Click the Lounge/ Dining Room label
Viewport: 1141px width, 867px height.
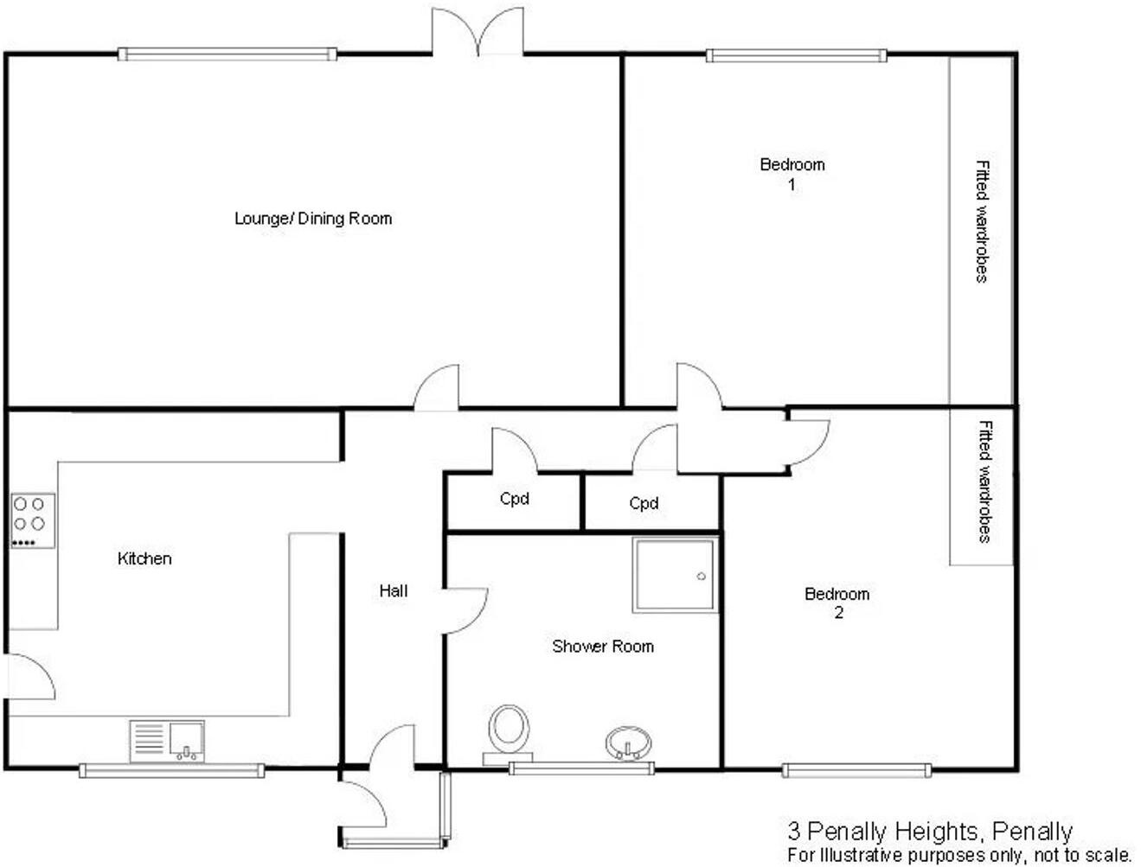click(x=313, y=219)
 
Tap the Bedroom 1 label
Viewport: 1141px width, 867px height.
click(x=792, y=174)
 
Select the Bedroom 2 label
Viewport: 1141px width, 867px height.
click(x=837, y=603)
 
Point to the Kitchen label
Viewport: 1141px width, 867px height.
click(x=144, y=559)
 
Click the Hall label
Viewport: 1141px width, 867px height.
click(x=394, y=591)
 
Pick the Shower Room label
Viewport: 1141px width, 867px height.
click(x=603, y=647)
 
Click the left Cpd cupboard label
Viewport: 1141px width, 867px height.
click(x=514, y=500)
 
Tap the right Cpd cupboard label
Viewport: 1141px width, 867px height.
click(x=644, y=504)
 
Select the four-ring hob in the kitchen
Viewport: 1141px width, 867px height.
click(x=33, y=520)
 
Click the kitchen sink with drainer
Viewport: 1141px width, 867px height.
click(x=168, y=741)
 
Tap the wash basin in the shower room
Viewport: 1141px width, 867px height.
click(x=628, y=743)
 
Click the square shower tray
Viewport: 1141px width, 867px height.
click(x=675, y=575)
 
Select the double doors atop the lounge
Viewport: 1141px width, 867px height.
click(x=478, y=33)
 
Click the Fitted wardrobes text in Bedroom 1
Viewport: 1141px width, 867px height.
click(x=981, y=221)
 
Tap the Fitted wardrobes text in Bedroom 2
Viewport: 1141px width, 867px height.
click(x=984, y=481)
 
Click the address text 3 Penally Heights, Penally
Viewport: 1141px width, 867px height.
click(x=930, y=832)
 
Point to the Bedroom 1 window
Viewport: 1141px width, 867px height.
click(x=796, y=56)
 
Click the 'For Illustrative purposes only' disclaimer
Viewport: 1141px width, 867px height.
click(x=959, y=855)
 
